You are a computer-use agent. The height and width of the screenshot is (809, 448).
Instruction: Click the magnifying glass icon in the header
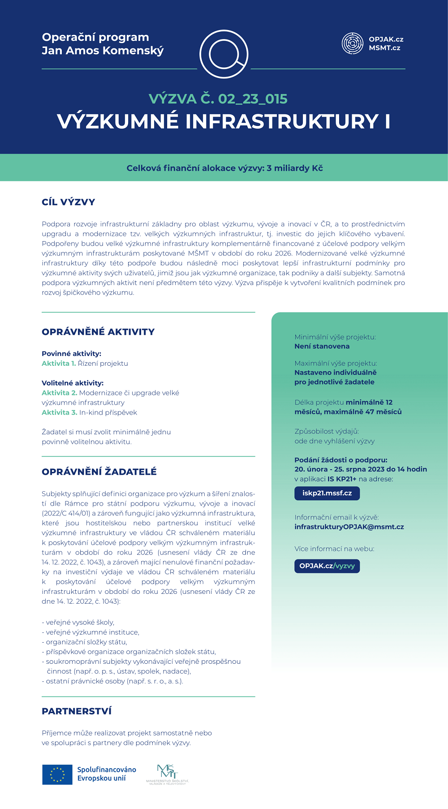pos(224,54)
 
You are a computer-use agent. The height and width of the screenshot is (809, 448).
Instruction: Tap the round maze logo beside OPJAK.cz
pos(352,43)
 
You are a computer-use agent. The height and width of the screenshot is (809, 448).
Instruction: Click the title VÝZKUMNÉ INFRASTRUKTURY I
pos(224,121)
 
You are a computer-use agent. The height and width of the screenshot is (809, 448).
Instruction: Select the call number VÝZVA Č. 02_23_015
pos(218,99)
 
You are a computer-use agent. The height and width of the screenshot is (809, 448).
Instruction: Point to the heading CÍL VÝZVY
pos(68,202)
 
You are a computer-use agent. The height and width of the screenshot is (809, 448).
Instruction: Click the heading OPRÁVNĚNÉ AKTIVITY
pos(98,332)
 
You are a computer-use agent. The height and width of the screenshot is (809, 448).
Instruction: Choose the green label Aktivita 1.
pos(59,363)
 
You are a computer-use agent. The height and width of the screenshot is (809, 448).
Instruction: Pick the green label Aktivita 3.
pos(59,412)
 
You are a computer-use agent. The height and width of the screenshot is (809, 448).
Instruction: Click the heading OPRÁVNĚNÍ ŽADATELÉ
pos(99,472)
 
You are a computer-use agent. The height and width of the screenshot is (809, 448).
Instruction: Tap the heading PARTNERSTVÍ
pos(77,711)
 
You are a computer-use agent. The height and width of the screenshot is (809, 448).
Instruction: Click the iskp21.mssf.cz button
pos(327,493)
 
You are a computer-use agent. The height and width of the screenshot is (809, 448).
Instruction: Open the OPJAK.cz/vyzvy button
pos(327,566)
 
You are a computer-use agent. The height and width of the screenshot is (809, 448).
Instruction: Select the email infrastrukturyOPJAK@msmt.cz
pos(349,527)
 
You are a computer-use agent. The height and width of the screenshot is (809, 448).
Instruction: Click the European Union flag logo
pos(57,774)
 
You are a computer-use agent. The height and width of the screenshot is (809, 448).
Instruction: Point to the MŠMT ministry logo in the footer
pos(168,774)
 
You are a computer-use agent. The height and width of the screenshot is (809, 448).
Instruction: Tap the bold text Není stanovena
pos(322,346)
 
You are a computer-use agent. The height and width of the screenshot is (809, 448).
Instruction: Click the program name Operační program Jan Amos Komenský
pos(103,44)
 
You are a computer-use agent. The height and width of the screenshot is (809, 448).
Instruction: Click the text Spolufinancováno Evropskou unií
pos(107,774)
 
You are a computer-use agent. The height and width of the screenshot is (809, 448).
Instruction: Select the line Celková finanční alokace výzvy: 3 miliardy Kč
pos(224,169)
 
